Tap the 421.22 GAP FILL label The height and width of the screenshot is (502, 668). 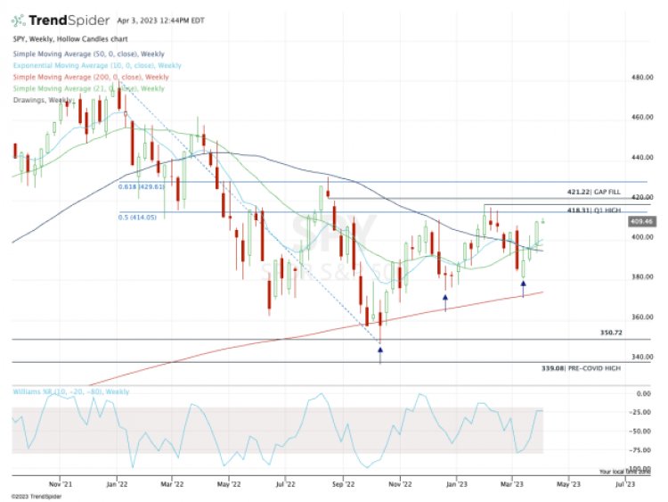592,192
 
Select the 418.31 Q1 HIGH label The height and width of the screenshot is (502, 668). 591,209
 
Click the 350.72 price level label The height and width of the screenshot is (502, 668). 610,333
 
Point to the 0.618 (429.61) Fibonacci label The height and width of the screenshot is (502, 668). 143,187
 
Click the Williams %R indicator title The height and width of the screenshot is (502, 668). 71,391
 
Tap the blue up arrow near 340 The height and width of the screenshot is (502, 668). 380,351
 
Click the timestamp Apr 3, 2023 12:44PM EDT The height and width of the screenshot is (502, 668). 165,19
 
